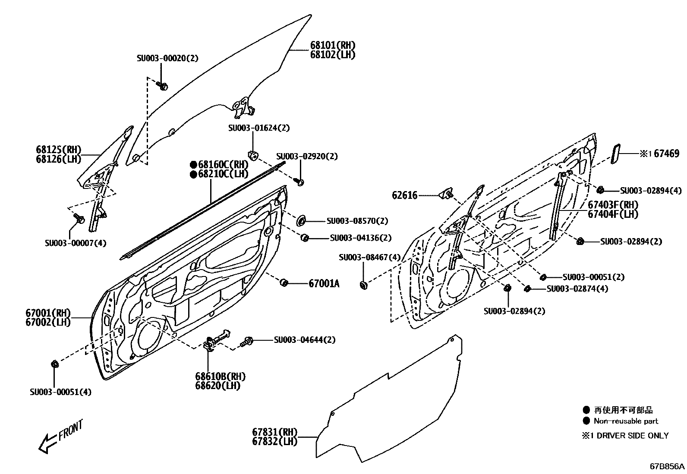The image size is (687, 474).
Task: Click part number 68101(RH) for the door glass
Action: [x=333, y=45]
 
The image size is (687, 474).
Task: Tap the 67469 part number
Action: [x=666, y=154]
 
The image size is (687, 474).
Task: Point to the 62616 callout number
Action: [x=404, y=195]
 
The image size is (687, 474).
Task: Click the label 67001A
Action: [x=324, y=283]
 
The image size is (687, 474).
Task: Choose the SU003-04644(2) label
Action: [x=305, y=340]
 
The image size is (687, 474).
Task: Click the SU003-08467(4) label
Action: [x=370, y=257]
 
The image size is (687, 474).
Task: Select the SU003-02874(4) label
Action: [x=577, y=289]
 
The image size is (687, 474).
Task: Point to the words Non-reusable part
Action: [x=626, y=421]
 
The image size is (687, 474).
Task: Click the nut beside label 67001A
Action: [x=284, y=283]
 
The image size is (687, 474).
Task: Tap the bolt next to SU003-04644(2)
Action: [x=247, y=341]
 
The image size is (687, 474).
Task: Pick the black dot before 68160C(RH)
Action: [x=193, y=164]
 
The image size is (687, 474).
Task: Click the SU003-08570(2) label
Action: [x=357, y=221]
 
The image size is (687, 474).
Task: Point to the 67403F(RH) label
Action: [x=613, y=204]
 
